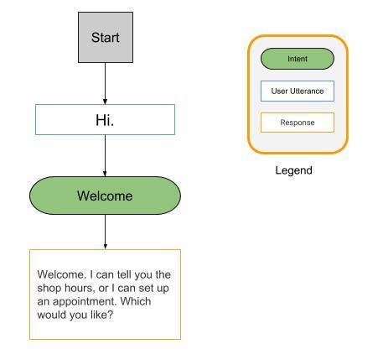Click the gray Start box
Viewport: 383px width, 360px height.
(105, 38)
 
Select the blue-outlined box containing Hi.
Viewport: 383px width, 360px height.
(105, 120)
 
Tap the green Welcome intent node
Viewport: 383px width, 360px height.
(105, 196)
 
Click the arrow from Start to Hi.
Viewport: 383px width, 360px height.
(105, 84)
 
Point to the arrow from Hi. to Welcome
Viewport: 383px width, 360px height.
(105, 156)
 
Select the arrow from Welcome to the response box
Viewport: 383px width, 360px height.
(105, 232)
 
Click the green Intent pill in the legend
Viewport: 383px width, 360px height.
(297, 59)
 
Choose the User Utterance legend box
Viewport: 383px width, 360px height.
(297, 91)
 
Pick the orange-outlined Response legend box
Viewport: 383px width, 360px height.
(297, 123)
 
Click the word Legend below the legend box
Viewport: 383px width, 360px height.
(293, 170)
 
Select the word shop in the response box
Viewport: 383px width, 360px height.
(50, 288)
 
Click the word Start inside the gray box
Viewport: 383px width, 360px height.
(105, 38)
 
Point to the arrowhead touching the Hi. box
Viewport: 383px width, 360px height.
(105, 101)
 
